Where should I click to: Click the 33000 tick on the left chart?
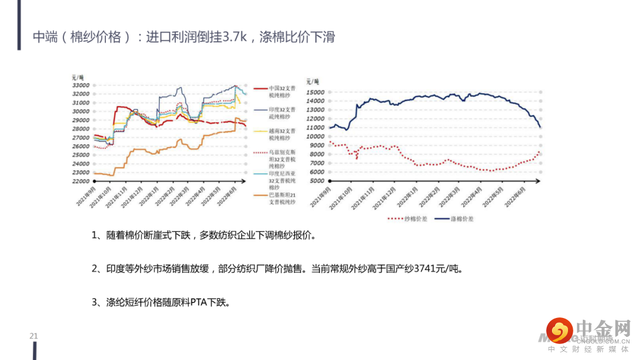pos(80,85)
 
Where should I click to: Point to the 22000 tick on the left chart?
pos(80,181)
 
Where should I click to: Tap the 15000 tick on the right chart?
pos(315,92)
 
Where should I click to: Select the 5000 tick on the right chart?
pos(317,181)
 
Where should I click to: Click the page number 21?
pos(34,336)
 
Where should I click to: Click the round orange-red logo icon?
pos(559,330)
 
